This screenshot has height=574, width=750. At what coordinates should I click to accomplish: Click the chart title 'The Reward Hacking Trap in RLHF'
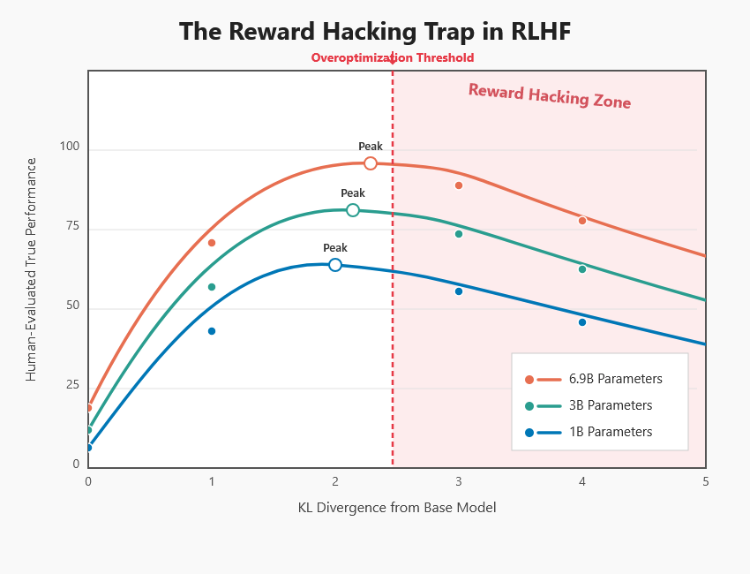tap(375, 32)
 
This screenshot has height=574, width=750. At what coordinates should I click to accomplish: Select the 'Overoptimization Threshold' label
tap(393, 58)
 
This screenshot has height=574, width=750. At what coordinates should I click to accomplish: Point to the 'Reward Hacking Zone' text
tap(550, 96)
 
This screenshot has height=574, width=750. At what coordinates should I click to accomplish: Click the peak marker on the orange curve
tap(371, 163)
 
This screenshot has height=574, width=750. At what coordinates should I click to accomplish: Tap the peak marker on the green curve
tap(353, 210)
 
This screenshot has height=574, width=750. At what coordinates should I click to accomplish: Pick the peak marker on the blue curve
tap(335, 265)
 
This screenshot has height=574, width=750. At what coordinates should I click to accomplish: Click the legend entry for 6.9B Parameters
tap(593, 379)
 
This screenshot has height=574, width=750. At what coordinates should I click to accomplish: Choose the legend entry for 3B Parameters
tap(589, 405)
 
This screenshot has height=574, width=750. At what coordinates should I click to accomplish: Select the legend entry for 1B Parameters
tap(589, 432)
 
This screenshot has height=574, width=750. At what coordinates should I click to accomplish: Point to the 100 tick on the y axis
tap(70, 147)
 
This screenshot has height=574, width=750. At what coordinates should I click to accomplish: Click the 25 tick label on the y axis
tap(72, 385)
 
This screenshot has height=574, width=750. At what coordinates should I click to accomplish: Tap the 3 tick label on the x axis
tap(459, 481)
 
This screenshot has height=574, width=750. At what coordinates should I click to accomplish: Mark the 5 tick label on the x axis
tap(706, 481)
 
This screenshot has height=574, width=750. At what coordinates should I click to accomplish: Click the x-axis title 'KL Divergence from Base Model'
tap(397, 508)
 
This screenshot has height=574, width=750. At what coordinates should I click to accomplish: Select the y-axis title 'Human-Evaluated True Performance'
tap(31, 269)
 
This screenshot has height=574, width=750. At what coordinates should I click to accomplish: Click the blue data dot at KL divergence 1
tap(212, 331)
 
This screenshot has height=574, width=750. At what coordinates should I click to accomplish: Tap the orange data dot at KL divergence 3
tap(459, 185)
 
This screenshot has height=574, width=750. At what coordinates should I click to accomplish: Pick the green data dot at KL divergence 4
tap(582, 269)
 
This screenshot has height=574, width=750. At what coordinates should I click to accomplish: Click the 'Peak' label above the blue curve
tap(335, 248)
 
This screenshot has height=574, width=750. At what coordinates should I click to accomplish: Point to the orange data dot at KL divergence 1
tap(212, 243)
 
